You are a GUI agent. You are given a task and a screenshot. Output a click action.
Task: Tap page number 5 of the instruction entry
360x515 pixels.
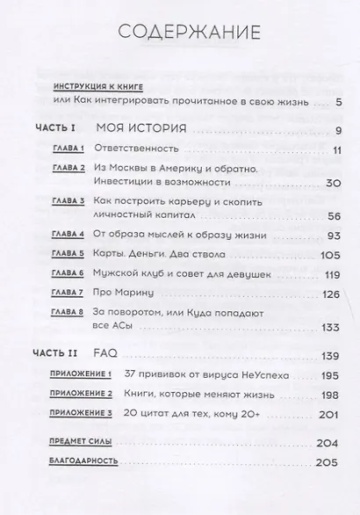(338, 104)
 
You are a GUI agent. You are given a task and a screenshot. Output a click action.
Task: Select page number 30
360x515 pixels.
(333, 183)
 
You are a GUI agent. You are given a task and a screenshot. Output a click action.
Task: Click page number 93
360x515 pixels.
(333, 235)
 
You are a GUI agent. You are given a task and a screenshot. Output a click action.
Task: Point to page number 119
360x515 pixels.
(331, 273)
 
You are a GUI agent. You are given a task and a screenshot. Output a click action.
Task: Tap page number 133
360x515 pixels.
(331, 328)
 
